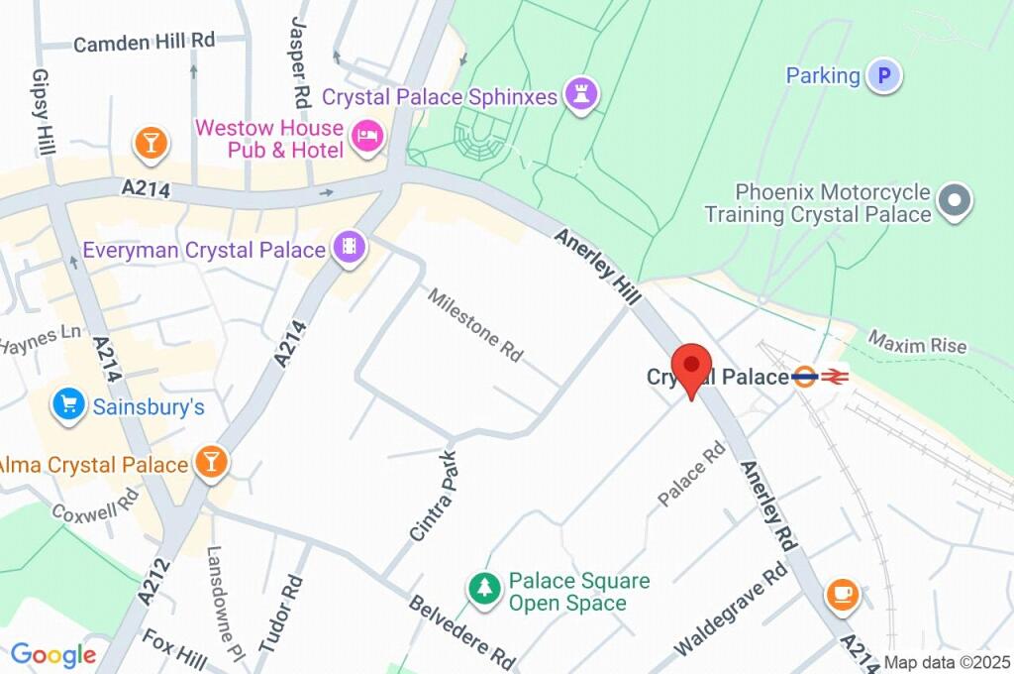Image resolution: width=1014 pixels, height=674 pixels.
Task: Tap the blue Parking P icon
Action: pos(884,75)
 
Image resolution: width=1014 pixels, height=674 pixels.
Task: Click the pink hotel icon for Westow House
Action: pos(365,140)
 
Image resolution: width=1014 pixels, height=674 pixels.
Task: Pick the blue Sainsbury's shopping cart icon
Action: pos(68,405)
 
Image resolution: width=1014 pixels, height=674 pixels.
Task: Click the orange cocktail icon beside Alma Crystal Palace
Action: pos(211,463)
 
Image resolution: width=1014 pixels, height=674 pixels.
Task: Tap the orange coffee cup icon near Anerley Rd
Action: pos(842,594)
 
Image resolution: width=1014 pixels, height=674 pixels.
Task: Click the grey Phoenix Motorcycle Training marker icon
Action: pos(956,201)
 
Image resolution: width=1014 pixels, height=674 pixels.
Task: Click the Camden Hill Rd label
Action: pos(145,42)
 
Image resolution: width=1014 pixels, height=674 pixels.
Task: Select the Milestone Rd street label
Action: pos(475,324)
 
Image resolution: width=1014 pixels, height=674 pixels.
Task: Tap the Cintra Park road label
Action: pos(435,497)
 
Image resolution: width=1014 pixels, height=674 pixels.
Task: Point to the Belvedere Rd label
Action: pos(462,630)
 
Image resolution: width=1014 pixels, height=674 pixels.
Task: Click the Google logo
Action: pos(53,655)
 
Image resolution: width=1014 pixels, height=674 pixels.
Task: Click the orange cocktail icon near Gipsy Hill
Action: pos(150,142)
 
